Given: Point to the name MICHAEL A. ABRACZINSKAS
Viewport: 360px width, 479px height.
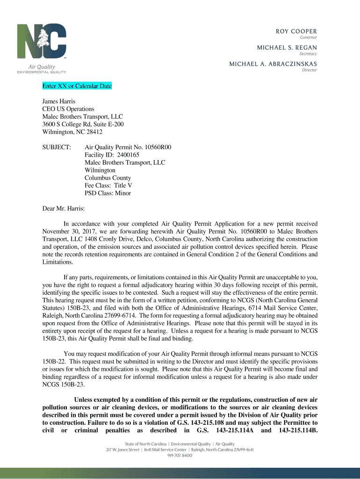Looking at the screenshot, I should point(273,64).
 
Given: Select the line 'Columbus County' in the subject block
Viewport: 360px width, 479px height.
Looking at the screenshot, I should point(108,178).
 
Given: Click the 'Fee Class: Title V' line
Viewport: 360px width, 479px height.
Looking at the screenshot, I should point(108,185).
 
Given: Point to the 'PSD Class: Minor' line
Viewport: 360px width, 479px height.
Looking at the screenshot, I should point(108,193).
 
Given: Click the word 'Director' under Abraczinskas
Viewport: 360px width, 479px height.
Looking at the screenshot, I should point(310,70).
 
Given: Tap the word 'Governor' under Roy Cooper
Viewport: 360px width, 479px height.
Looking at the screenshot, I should point(309,37).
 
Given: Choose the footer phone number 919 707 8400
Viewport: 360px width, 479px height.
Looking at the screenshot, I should point(180,456).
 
